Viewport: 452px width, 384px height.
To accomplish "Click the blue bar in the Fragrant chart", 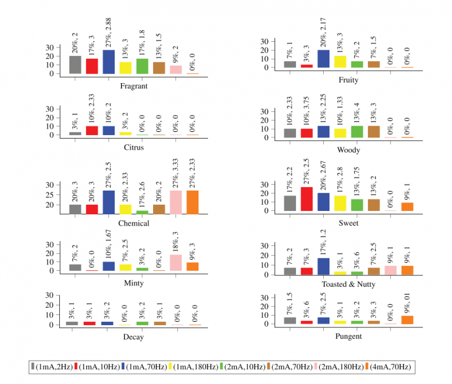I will [109, 62].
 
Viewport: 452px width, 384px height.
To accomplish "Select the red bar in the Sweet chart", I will [307, 199].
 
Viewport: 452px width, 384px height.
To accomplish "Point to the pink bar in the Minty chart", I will [176, 262].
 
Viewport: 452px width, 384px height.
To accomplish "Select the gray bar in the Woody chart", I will [290, 133].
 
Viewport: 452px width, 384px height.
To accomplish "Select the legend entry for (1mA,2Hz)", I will [50, 367].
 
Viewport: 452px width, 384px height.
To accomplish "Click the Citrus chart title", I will [134, 148].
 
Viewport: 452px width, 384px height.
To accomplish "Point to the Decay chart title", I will [134, 337].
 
